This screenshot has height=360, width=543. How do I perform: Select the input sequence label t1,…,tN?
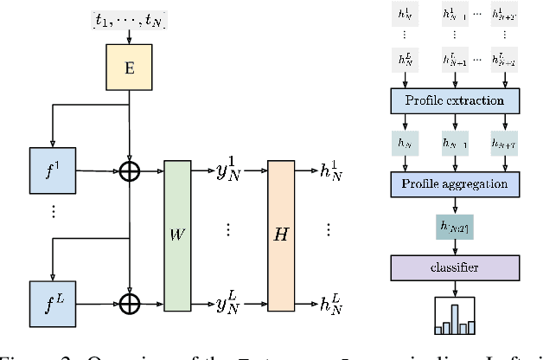pos(128,18)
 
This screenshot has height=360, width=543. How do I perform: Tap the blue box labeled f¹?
pos(51,171)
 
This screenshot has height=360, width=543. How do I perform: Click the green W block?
pos(176,236)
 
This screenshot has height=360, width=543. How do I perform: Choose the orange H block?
pos(281,236)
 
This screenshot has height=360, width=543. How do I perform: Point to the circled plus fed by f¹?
pos(129,172)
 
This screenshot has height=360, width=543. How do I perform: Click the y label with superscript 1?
pos(230,170)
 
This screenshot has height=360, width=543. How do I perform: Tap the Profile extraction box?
pos(457,100)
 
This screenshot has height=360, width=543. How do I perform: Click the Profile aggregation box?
pos(457,183)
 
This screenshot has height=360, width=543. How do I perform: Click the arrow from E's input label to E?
pos(129,37)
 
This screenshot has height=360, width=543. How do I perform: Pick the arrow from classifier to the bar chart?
pos(457,286)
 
